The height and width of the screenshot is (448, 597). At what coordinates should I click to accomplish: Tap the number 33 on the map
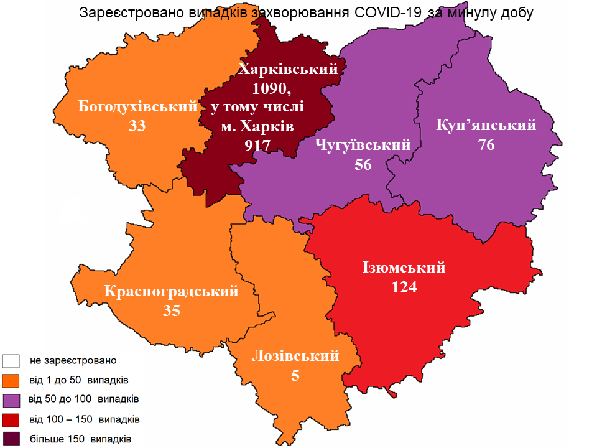(137, 126)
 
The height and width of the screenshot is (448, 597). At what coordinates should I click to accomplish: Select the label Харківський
(288, 68)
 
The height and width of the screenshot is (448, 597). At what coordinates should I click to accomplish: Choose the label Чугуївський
(363, 145)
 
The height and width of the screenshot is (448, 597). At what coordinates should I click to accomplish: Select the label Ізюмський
(404, 268)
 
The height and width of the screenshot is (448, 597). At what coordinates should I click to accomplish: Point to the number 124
(404, 287)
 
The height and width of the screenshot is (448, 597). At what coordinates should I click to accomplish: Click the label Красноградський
(172, 291)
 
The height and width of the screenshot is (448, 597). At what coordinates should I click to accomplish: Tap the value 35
(172, 310)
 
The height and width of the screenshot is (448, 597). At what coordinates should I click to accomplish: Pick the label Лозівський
(295, 356)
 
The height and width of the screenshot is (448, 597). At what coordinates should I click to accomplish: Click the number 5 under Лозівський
(295, 375)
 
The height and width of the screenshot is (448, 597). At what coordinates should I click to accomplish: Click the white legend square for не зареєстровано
(12, 361)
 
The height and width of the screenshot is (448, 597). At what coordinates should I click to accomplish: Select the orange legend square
(12, 380)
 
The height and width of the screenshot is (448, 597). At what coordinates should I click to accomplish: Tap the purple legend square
(12, 398)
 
